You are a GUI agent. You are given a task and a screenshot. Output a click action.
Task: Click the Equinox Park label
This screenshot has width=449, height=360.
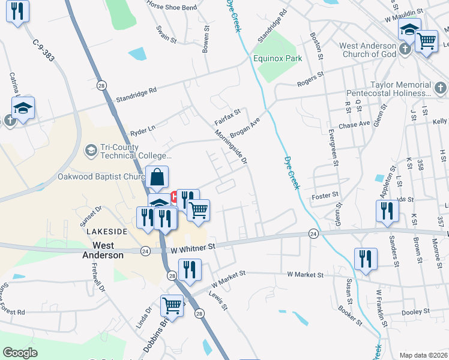277,58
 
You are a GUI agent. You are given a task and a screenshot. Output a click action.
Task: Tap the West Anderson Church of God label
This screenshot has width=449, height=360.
368,50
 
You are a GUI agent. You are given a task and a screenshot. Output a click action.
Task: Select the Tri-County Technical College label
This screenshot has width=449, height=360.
128,151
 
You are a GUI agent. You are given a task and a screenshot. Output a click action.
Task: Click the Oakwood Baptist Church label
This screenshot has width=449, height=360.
101,177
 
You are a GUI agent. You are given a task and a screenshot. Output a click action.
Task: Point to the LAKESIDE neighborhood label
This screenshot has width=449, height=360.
107,231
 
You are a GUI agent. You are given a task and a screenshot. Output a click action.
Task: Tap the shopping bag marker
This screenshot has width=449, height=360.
157,178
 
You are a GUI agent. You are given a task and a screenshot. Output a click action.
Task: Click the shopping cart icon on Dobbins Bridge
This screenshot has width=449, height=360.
172,307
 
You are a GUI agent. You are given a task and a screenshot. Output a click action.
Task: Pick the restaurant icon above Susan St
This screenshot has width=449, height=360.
366,259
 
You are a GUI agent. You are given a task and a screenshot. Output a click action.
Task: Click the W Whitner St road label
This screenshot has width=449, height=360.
193,247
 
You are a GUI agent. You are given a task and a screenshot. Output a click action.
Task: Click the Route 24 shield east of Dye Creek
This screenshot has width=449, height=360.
313,233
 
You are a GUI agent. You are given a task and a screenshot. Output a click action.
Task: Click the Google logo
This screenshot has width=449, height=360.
20,353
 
